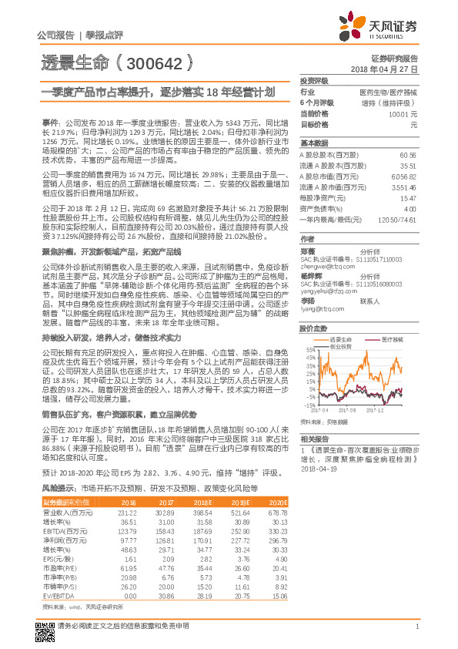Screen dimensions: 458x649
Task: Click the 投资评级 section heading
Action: pos(314,80)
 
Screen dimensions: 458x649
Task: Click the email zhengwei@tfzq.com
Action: pos(323,245)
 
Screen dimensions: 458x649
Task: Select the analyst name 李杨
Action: pos(307,280)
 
